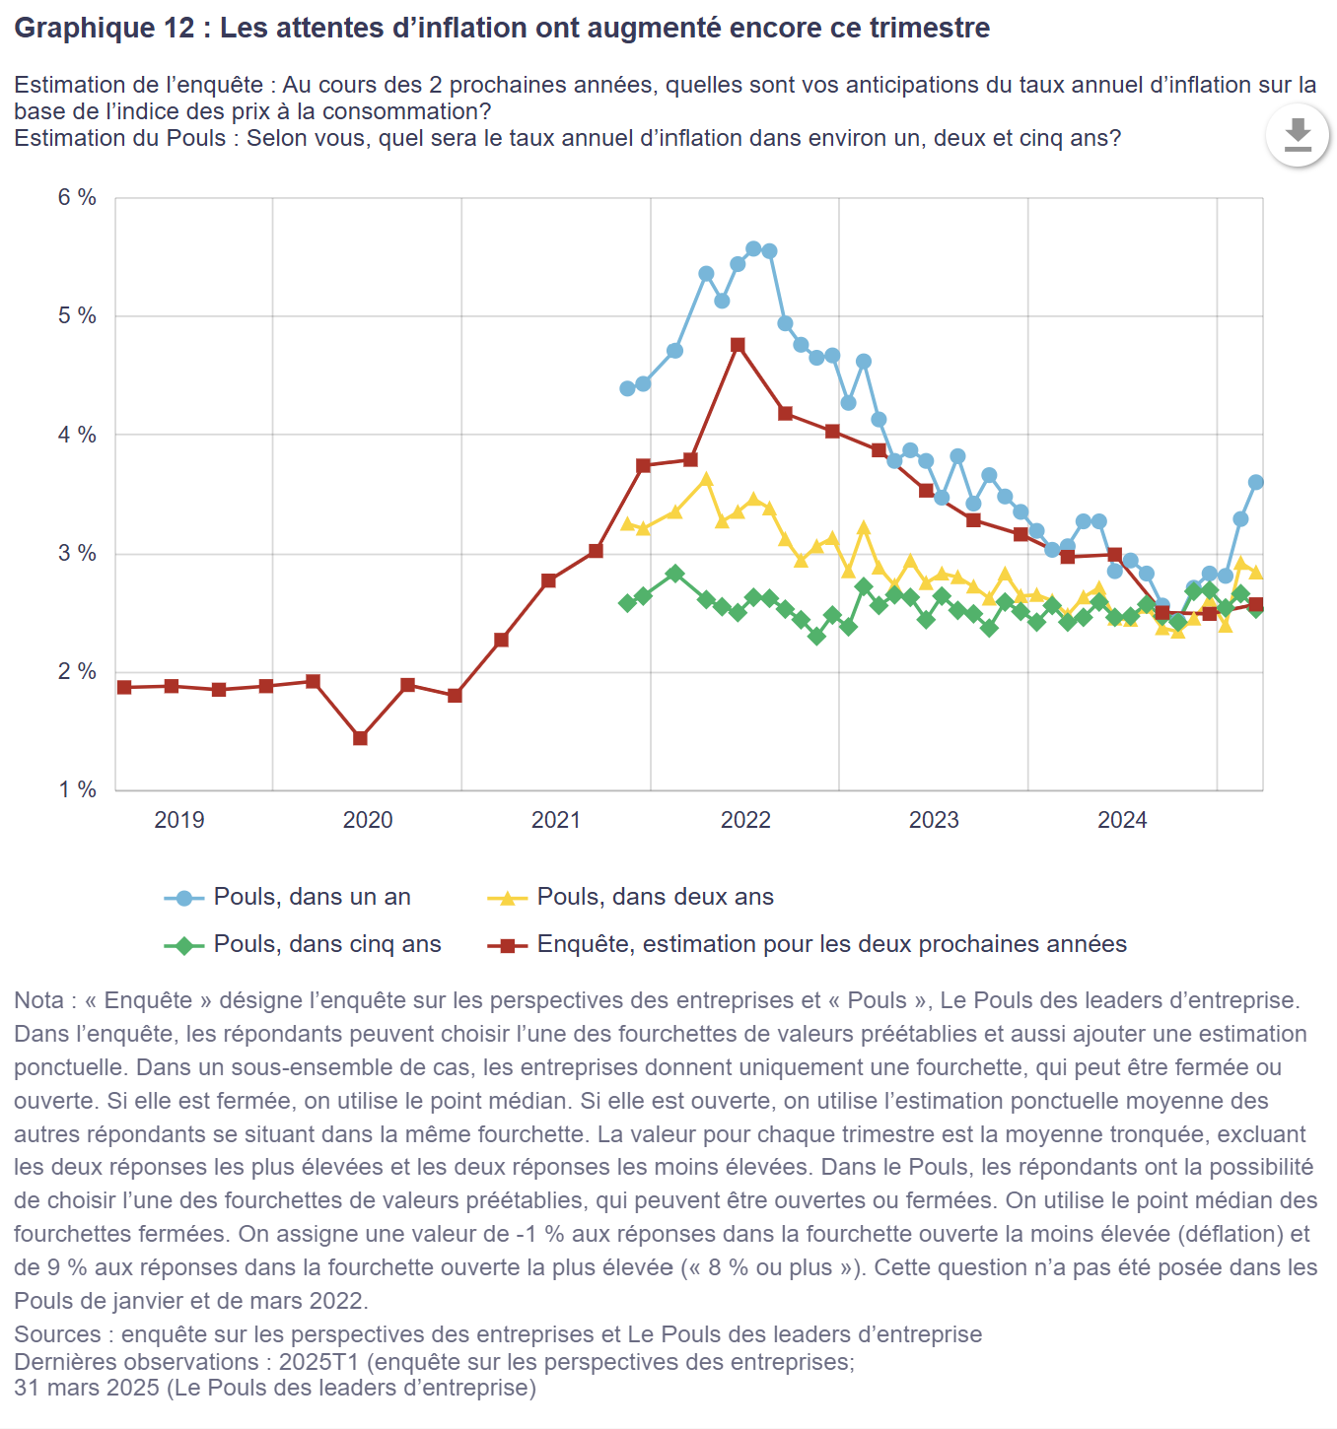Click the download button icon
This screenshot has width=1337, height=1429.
1298,134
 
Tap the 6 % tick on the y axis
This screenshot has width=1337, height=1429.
77,198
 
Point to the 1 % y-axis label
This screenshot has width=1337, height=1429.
77,790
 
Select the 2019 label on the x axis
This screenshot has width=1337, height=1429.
178,820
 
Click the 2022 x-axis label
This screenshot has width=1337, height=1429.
745,820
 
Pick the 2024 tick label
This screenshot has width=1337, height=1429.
1122,820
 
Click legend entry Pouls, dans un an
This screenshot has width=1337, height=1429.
312,897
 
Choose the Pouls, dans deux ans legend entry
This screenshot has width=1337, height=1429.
655,897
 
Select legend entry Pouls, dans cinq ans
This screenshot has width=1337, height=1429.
327,944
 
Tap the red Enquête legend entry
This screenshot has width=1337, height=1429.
831,944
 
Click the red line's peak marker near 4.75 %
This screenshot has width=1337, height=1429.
738,345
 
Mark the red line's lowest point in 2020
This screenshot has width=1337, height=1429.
360,738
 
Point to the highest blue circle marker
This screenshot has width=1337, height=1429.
753,248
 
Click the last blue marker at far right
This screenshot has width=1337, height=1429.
1255,482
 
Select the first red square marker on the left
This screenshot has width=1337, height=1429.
124,687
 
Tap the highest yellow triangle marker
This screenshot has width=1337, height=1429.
706,480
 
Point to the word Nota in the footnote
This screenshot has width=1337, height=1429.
38,1000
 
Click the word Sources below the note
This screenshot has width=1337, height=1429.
57,1334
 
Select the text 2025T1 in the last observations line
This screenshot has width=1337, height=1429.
318,1362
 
